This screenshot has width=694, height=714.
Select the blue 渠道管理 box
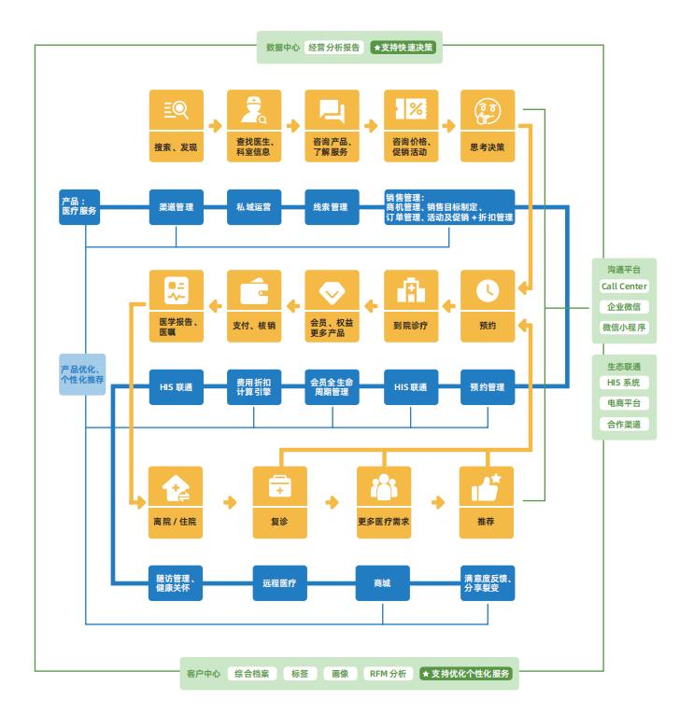point(177,207)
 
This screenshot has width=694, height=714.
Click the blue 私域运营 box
point(254,207)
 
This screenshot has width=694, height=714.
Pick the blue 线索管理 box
point(333,207)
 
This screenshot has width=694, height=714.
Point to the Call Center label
point(624,287)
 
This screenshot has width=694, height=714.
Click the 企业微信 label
point(624,307)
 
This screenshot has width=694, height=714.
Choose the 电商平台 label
point(624,404)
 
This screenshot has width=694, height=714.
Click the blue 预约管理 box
point(488,386)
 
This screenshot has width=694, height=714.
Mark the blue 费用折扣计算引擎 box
point(254,386)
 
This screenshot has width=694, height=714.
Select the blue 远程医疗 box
point(280,582)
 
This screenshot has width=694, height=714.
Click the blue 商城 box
point(383,582)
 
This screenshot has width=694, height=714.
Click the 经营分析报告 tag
point(333,46)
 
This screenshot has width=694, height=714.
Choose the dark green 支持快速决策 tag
point(404,46)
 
